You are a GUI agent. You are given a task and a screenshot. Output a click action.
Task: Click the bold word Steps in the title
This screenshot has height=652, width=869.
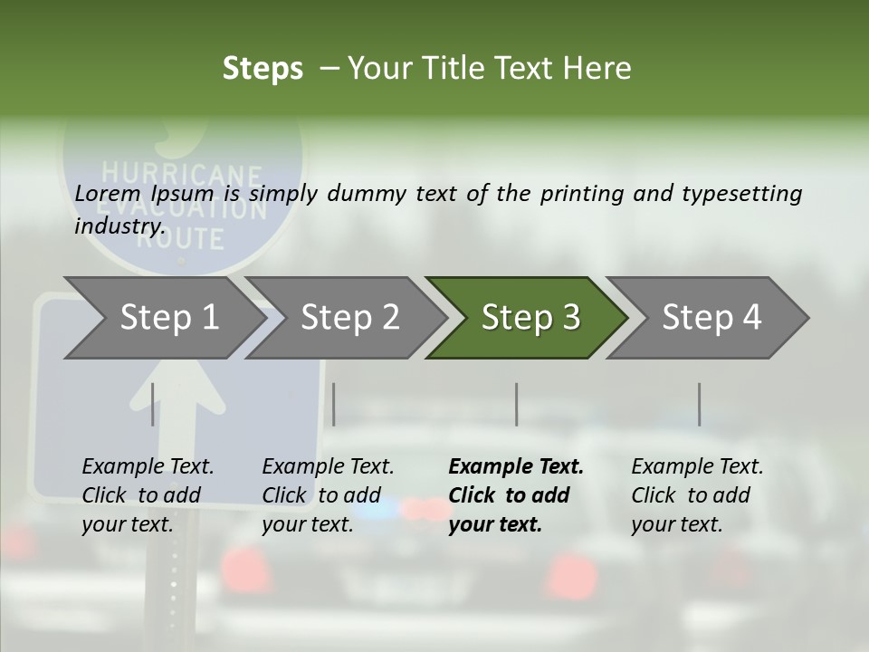tap(263, 69)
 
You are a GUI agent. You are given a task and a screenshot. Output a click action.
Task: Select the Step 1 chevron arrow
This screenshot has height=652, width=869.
tap(166, 318)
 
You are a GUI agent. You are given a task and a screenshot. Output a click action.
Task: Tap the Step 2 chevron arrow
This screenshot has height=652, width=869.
tap(347, 318)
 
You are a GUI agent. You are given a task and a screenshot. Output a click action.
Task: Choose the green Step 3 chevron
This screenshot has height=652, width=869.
tap(527, 318)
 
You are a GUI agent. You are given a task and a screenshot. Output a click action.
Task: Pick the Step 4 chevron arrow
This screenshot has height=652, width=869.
tap(708, 318)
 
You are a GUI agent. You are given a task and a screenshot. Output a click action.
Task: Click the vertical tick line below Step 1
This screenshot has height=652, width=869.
tap(152, 404)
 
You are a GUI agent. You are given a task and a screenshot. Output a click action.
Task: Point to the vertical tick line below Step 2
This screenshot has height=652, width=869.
tap(334, 404)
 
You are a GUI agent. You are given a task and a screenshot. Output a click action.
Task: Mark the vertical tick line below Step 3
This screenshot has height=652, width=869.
tap(517, 404)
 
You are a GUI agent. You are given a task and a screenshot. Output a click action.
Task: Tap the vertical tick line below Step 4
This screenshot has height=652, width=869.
tap(700, 404)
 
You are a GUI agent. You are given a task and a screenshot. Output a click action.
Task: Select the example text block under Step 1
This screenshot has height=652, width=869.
tap(148, 495)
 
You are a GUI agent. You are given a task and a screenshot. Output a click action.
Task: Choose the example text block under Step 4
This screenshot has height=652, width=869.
tap(697, 495)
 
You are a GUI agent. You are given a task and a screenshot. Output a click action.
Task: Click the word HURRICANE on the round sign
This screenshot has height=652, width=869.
tap(181, 174)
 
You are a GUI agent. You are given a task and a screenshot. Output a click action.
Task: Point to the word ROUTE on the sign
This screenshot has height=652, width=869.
tap(181, 238)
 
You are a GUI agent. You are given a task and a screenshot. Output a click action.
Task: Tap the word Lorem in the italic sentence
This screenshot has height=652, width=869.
tap(108, 194)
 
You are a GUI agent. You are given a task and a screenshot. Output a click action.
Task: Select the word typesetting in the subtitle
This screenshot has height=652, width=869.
tap(742, 195)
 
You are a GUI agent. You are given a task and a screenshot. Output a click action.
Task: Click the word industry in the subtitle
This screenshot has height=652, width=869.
tap(120, 226)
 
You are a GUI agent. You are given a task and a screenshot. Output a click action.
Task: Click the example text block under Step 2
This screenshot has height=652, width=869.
tap(328, 495)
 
